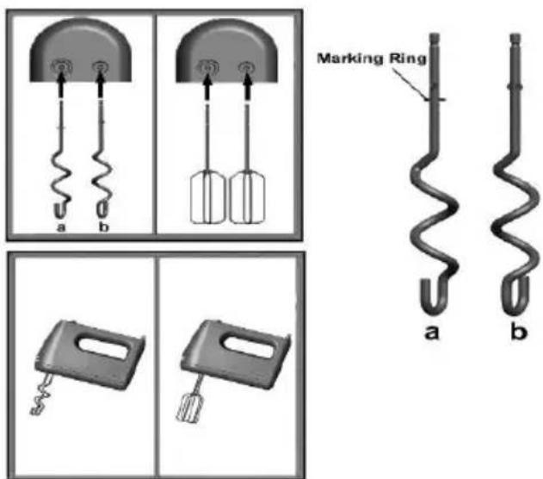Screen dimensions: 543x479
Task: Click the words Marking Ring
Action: pyautogui.click(x=372, y=59)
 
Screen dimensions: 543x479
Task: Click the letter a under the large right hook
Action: pyautogui.click(x=431, y=332)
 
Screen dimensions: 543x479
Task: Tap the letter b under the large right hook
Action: pyautogui.click(x=519, y=330)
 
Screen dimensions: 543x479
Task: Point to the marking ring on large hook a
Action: pyautogui.click(x=435, y=99)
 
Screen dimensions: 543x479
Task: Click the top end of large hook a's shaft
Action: pyautogui.click(x=435, y=34)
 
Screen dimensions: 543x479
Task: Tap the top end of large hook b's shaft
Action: pyautogui.click(x=515, y=34)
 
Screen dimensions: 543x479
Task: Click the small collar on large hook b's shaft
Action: pyautogui.click(x=515, y=86)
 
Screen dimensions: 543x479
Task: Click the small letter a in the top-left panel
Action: pyautogui.click(x=60, y=227)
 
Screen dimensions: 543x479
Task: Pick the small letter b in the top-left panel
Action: pyautogui.click(x=103, y=227)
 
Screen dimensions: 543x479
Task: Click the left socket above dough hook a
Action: pyautogui.click(x=61, y=66)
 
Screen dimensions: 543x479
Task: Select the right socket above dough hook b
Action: pyautogui.click(x=101, y=66)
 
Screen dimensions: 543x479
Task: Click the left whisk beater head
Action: pyautogui.click(x=207, y=197)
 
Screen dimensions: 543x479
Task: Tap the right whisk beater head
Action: pyautogui.click(x=247, y=197)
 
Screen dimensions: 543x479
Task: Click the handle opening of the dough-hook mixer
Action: pyautogui.click(x=103, y=348)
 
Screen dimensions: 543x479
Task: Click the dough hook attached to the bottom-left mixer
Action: pyautogui.click(x=40, y=395)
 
